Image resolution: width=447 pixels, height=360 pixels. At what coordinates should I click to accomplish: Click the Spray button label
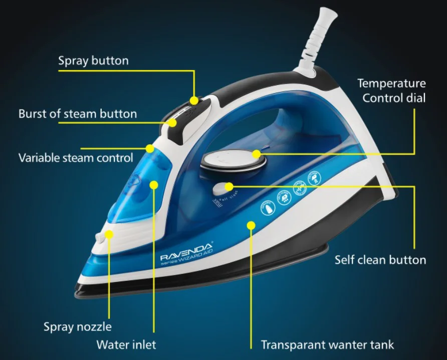(93, 61)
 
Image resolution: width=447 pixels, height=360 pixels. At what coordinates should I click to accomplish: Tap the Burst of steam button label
(78, 114)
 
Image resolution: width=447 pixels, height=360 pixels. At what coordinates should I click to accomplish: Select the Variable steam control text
(76, 158)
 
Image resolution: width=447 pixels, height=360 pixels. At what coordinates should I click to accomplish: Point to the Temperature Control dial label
(391, 90)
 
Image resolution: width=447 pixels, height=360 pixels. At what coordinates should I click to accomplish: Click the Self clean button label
(380, 260)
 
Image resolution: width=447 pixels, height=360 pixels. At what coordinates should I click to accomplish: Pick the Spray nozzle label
(78, 327)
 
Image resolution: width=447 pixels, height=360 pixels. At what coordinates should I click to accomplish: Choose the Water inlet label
(126, 345)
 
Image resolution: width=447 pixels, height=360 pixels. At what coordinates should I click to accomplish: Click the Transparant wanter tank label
(327, 345)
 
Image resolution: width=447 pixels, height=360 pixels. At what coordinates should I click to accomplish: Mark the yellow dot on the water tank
(250, 225)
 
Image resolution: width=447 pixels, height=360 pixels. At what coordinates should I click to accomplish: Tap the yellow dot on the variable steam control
(150, 148)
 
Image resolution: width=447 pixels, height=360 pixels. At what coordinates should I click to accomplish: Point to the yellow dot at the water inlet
(154, 185)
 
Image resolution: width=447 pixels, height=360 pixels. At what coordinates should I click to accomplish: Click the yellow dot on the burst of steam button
(172, 122)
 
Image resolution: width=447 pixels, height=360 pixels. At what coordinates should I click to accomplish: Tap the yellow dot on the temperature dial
(256, 154)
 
